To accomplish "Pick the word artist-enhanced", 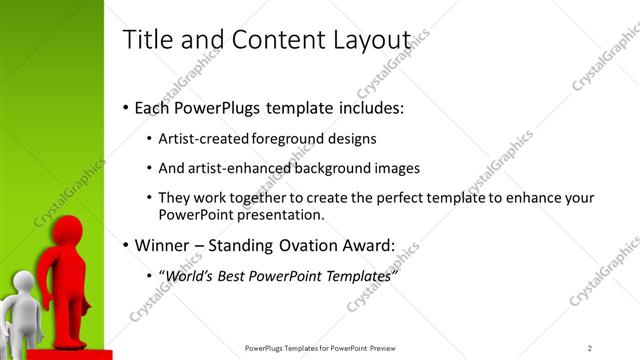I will (230, 168).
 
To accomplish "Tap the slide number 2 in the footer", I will (589, 348).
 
